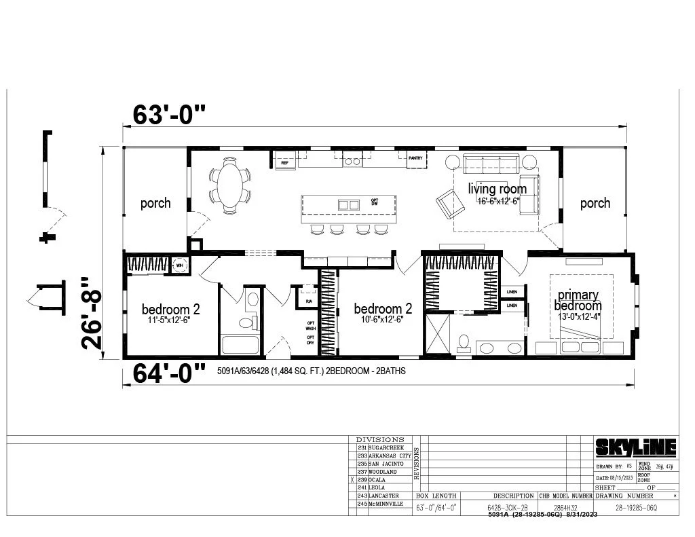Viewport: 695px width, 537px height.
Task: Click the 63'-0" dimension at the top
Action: tap(168, 114)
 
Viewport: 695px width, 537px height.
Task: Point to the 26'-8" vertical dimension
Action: tap(94, 312)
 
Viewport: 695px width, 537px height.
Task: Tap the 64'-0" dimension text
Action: tap(168, 372)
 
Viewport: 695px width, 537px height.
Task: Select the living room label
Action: tap(497, 189)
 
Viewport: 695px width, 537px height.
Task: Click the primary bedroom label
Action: tap(578, 300)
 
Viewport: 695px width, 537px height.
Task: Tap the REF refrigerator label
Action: tap(284, 163)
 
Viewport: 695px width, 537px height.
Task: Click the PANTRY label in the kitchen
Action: tap(415, 159)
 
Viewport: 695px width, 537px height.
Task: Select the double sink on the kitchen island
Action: tap(349, 204)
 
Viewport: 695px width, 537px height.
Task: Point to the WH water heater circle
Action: tap(181, 265)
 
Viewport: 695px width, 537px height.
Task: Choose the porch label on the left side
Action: tap(155, 203)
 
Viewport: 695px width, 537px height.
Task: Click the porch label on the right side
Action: tap(595, 203)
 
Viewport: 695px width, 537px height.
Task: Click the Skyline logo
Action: tap(635, 447)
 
